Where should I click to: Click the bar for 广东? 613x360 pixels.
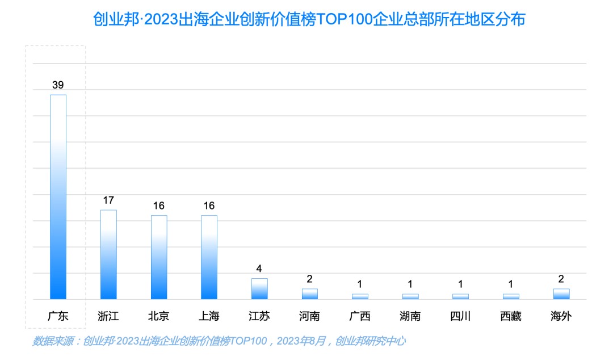58,196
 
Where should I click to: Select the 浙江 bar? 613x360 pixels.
108,254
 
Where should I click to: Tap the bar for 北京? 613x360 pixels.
159,257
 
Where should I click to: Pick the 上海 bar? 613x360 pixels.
209,257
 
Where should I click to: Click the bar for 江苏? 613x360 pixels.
259,288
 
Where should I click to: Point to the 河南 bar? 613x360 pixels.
309,294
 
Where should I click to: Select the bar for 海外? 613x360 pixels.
561,294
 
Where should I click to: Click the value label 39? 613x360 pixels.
58,85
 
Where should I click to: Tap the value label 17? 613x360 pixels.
108,200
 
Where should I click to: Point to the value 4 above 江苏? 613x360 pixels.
259,269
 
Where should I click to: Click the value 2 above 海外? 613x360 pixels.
561,279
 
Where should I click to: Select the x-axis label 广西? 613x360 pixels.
360,316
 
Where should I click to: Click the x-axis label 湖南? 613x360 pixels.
410,316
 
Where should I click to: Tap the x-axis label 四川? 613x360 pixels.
460,316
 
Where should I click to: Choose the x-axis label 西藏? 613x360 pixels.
511,316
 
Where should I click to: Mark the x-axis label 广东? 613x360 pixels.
58,316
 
